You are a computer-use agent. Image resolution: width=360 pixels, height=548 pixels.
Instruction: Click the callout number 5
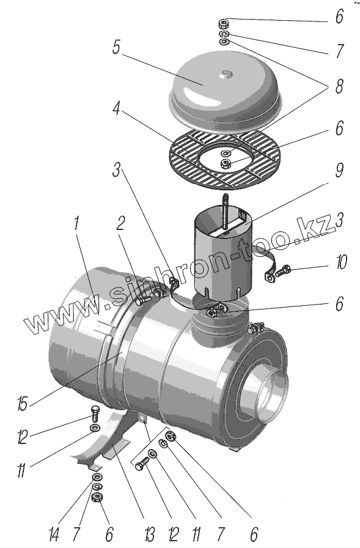(117, 47)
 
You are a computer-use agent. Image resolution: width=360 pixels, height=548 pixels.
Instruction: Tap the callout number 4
(117, 109)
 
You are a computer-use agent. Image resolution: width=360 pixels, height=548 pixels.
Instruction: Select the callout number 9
(339, 170)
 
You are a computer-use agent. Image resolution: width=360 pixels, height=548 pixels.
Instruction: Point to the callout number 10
(341, 262)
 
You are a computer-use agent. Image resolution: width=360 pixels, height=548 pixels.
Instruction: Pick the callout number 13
(149, 535)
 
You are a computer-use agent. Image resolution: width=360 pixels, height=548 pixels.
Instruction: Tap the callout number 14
(54, 535)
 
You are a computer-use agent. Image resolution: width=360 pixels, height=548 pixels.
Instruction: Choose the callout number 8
(339, 86)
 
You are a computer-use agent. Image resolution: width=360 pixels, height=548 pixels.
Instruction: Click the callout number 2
(120, 224)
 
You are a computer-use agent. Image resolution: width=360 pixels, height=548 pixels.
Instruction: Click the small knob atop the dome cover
(224, 74)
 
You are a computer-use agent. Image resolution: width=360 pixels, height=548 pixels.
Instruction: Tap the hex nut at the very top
(224, 24)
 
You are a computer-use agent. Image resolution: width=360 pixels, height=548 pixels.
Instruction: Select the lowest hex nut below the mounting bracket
(97, 497)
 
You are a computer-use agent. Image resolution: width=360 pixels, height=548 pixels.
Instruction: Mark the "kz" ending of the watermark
(317, 226)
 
